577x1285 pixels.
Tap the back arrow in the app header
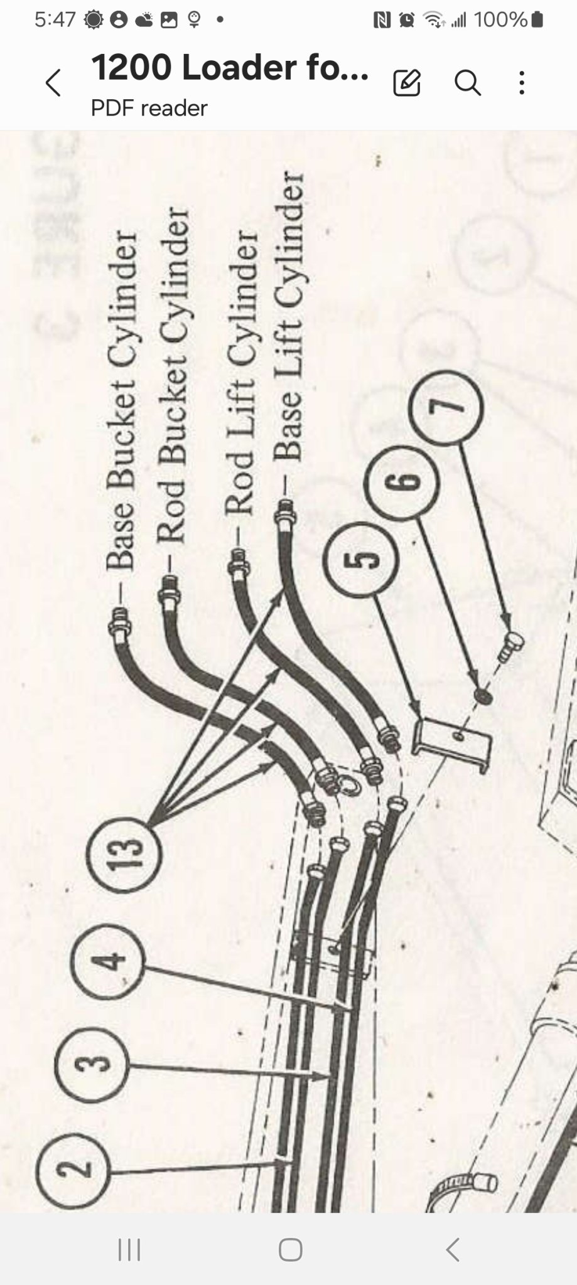click(53, 83)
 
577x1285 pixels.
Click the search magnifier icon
click(468, 83)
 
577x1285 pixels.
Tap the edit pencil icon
click(407, 83)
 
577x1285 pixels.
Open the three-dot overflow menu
click(521, 83)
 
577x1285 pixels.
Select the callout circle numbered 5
click(360, 560)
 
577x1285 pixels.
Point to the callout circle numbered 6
click(402, 482)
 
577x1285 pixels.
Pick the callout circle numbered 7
click(446, 408)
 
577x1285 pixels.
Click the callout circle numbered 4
click(109, 961)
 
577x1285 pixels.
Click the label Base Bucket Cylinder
click(121, 402)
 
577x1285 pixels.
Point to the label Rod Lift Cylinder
click(241, 373)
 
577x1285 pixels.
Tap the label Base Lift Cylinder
click(288, 317)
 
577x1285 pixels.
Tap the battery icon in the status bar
click(537, 20)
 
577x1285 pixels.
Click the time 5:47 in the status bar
click(55, 20)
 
